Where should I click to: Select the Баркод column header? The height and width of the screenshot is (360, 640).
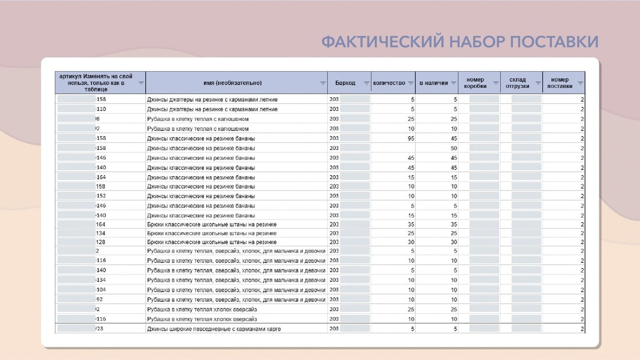tap(345, 83)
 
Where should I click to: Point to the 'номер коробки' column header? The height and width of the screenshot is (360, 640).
tap(475, 83)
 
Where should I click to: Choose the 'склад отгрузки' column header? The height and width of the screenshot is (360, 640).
tap(517, 83)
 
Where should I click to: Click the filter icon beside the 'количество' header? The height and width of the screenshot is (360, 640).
tap(410, 83)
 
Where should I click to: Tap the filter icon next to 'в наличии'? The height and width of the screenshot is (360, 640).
tap(453, 83)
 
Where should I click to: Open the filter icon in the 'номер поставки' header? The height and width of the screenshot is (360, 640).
tap(580, 83)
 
